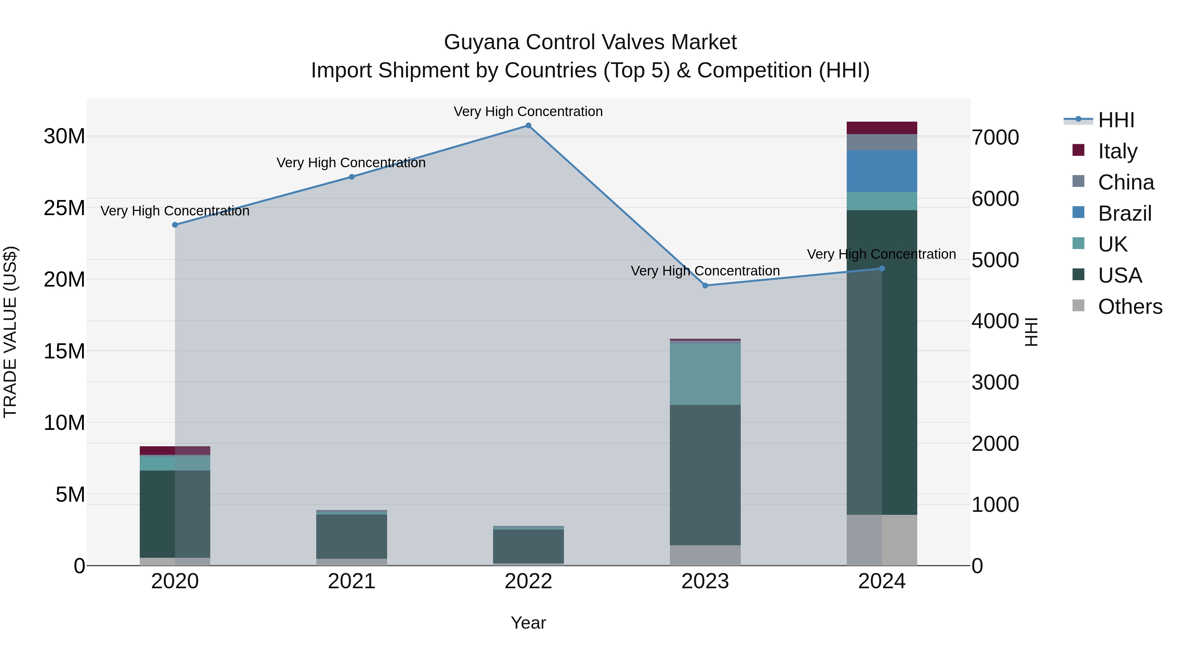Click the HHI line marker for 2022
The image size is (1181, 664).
click(x=528, y=126)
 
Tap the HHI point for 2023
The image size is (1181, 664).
click(x=705, y=286)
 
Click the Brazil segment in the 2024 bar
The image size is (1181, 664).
click(x=881, y=171)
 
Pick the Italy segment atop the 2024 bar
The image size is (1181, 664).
click(x=881, y=128)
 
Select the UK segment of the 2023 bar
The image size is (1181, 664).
click(x=705, y=374)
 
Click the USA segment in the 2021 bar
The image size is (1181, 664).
click(x=352, y=536)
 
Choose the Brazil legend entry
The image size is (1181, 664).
click(x=1124, y=213)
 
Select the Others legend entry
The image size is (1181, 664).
click(x=1129, y=307)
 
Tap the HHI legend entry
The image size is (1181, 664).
click(x=1116, y=120)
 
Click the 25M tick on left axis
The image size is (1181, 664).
click(x=64, y=208)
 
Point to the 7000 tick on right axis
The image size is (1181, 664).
click(x=995, y=137)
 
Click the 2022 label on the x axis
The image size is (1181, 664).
click(x=528, y=581)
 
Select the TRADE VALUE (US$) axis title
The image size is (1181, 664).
click(x=10, y=332)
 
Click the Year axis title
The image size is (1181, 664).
click(x=528, y=623)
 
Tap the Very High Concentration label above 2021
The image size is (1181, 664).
click(x=351, y=163)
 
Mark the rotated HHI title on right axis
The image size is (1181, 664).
click(x=1031, y=332)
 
